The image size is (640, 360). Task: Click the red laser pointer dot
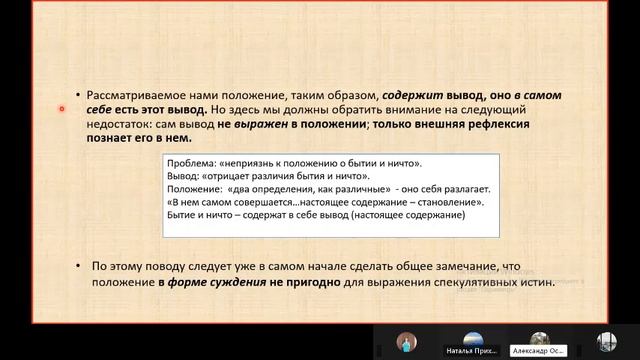[62, 109]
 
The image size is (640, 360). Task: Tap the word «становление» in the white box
[449, 202]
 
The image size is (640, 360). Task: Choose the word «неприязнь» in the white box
[262, 163]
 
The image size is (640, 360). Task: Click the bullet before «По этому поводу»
[80, 266]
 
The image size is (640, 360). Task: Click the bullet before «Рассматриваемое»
[80, 95]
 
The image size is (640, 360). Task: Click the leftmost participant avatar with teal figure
[406, 341]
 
